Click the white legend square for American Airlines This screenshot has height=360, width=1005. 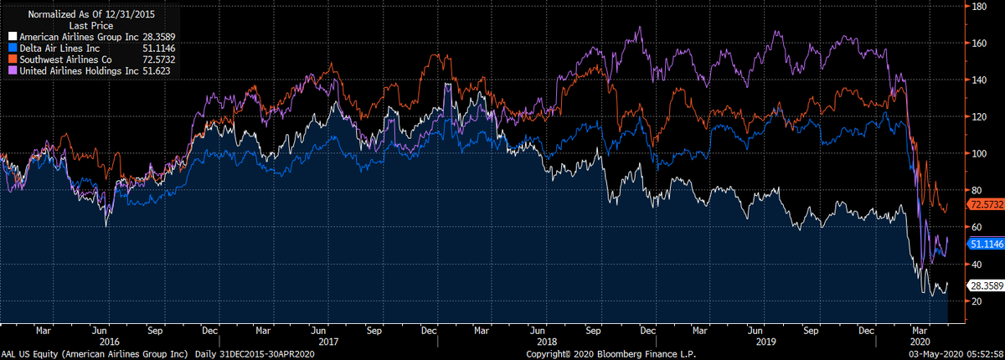tap(13, 37)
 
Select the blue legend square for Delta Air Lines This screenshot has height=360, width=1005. tap(13, 48)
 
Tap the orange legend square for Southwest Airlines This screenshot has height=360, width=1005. tap(13, 59)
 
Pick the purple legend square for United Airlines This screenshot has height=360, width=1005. tap(13, 70)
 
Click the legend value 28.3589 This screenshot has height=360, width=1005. tap(159, 37)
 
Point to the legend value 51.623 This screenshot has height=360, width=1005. tap(156, 71)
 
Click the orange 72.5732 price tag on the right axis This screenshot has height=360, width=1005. tap(987, 204)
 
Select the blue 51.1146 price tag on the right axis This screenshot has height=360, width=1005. tap(987, 244)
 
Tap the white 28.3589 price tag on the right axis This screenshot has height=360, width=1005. tap(987, 285)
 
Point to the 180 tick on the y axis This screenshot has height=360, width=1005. tap(979, 6)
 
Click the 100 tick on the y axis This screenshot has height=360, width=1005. tap(979, 153)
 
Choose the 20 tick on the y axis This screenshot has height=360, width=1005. tap(977, 301)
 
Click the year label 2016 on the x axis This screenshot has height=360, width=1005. tap(110, 342)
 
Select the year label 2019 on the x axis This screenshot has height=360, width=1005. tap(765, 342)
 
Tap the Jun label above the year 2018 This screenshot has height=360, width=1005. tap(538, 331)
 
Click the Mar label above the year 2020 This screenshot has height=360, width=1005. tap(920, 331)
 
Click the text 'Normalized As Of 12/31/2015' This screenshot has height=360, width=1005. tap(91, 14)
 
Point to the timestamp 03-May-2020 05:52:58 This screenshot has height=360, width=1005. tap(956, 354)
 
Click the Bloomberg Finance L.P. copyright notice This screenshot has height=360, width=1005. tap(611, 354)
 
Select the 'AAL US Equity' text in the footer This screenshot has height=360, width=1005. tap(29, 354)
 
